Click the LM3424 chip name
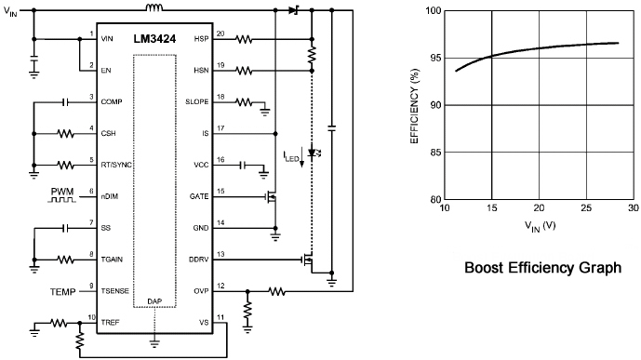pos(154,39)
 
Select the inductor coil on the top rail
pos(154,7)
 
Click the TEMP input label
pos(63,292)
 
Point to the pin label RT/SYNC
pos(116,165)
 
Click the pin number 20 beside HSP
pos(220,33)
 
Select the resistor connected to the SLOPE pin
pos(244,101)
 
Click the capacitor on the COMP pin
pos(65,101)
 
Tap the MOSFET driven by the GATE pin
pos(271,197)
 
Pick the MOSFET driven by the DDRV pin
pos(307,260)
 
